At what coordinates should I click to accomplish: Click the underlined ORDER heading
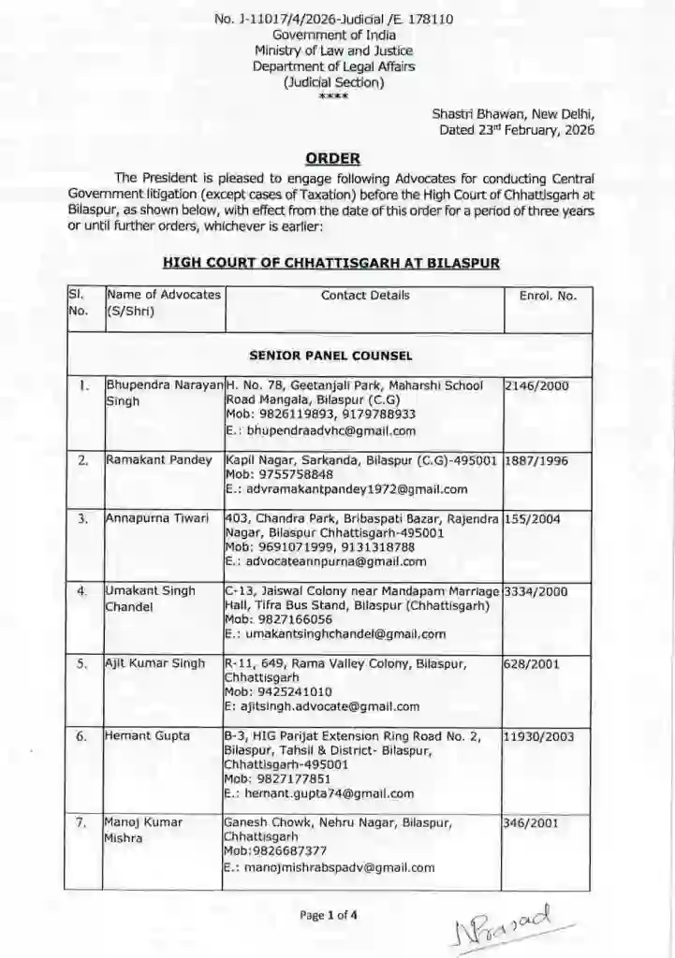pos(333,158)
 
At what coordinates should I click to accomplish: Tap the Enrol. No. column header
pos(548,296)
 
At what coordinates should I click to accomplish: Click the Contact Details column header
pos(364,296)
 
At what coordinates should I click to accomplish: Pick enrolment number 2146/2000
pos(536,385)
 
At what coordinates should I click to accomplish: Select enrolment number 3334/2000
pos(536,591)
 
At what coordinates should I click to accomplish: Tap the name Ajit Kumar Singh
pos(154,663)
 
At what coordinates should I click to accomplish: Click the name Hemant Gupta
pos(147,735)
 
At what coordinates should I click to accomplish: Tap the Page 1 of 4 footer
pos(329,916)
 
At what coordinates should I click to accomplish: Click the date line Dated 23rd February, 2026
pos(517,130)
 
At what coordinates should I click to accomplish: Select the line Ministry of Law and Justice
pos(333,51)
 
